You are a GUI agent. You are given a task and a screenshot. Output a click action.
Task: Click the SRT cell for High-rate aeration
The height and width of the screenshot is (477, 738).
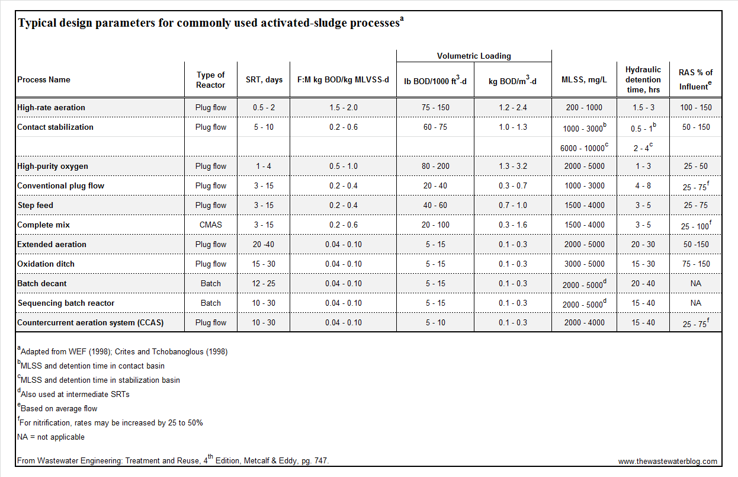[x=264, y=108]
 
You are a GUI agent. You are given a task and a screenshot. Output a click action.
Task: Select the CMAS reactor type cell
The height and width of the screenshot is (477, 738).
[x=211, y=225]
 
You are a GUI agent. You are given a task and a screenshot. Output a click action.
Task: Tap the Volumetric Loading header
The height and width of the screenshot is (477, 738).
[x=474, y=56]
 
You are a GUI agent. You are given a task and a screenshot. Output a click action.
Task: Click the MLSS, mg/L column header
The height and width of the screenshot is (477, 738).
[x=584, y=80]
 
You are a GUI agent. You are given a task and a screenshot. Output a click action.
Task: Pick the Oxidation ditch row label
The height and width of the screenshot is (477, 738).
[x=46, y=264]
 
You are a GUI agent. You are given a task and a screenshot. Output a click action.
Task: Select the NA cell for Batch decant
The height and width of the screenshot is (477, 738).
[x=695, y=284]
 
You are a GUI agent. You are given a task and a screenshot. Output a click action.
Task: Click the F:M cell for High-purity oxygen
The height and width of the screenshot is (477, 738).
[x=343, y=167]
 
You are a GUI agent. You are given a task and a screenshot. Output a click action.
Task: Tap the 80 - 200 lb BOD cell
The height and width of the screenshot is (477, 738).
[x=435, y=167]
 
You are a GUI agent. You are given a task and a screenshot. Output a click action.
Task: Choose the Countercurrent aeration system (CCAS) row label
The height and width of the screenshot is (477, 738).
[x=91, y=323]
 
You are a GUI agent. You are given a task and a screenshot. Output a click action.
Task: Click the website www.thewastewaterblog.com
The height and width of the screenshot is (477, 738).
[x=668, y=461]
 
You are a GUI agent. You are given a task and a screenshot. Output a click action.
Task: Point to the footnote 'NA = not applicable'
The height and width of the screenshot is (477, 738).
[x=51, y=437]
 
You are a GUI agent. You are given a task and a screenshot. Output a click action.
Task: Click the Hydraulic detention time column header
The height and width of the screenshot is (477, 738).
[x=643, y=79]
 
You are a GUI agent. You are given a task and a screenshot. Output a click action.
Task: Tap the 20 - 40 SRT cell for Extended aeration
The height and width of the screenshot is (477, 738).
[x=264, y=245]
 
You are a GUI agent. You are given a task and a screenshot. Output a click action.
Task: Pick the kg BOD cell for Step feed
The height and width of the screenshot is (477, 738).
[x=512, y=206]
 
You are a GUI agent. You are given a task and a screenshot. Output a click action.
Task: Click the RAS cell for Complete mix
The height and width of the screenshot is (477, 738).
[x=695, y=226]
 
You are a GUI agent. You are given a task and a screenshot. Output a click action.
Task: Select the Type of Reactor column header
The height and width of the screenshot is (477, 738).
[x=211, y=80]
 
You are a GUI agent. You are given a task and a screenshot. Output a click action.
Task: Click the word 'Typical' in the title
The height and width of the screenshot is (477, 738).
[x=34, y=24]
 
